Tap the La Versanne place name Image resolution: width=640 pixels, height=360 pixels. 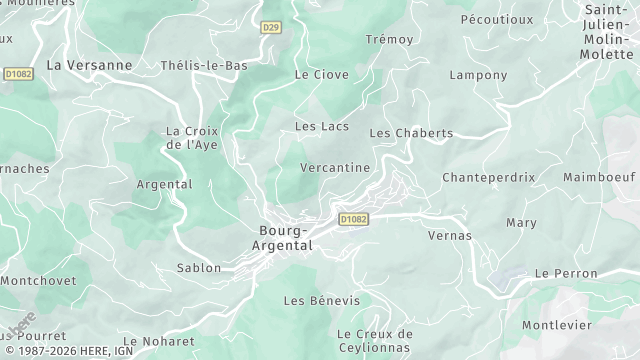[89, 65]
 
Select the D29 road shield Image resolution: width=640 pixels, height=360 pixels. [270, 27]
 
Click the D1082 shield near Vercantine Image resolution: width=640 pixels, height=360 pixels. [353, 219]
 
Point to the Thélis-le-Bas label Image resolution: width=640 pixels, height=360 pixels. [204, 65]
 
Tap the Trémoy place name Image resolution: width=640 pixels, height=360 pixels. [389, 39]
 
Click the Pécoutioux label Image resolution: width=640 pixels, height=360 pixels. [496, 19]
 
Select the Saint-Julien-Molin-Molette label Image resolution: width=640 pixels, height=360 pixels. [607, 32]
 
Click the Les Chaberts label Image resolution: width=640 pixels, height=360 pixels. [411, 133]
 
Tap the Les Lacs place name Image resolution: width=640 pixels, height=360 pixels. [320, 126]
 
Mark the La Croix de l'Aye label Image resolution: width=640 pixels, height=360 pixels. [191, 138]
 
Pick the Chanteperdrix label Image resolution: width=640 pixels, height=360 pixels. [489, 177]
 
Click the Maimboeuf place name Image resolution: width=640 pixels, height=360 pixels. [599, 177]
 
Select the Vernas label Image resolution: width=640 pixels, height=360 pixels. [449, 236]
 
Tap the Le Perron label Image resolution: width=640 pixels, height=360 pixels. [566, 273]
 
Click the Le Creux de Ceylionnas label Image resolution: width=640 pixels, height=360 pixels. [374, 341]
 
